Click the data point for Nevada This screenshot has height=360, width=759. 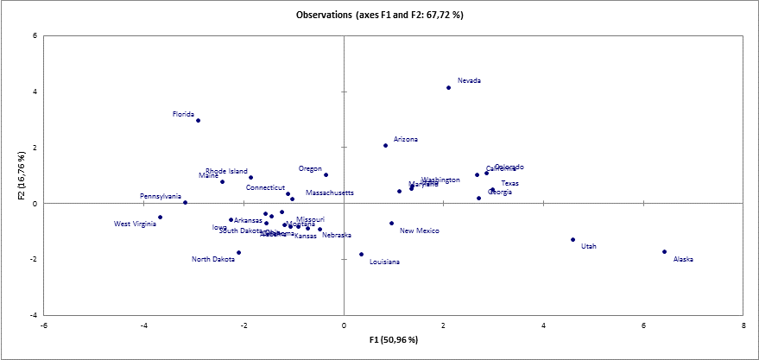click(x=449, y=87)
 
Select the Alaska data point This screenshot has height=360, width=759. click(x=664, y=251)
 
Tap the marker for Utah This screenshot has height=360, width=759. click(x=572, y=239)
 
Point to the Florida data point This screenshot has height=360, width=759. click(x=198, y=120)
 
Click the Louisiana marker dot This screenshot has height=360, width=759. click(x=361, y=254)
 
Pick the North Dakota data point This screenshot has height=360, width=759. click(x=238, y=252)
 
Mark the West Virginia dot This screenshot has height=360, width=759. click(x=160, y=217)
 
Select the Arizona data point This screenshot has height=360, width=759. click(x=385, y=145)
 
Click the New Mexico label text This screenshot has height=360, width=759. click(x=420, y=231)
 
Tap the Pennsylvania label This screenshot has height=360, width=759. click(x=161, y=196)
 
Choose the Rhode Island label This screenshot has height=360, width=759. click(x=226, y=171)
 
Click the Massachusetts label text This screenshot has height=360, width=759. click(x=330, y=193)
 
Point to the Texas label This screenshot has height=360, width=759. click(x=510, y=183)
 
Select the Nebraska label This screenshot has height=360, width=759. click(x=337, y=235)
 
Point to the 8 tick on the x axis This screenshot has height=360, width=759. click(x=743, y=325)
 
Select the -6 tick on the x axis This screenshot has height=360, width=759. click(x=44, y=325)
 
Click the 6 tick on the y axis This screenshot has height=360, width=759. click(x=35, y=35)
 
